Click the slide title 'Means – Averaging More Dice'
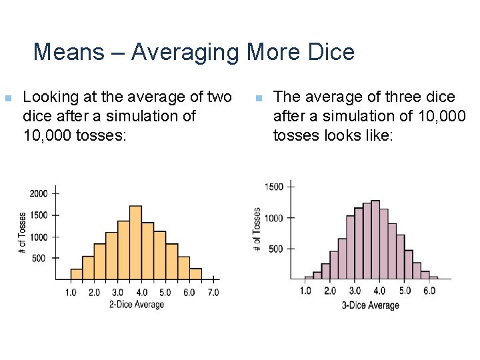point(193,51)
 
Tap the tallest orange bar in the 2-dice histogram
point(135,243)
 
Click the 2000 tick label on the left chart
point(39,193)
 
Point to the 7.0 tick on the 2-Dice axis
point(213,293)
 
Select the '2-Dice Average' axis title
point(136,305)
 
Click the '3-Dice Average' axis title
point(370,305)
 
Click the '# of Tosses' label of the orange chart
point(22,233)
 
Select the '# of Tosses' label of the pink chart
point(257,230)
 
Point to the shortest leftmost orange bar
point(76,274)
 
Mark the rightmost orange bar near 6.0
point(195,274)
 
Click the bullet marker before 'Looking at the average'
point(7,99)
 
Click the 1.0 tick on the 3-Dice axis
point(305,291)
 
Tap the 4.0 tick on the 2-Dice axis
point(141,293)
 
